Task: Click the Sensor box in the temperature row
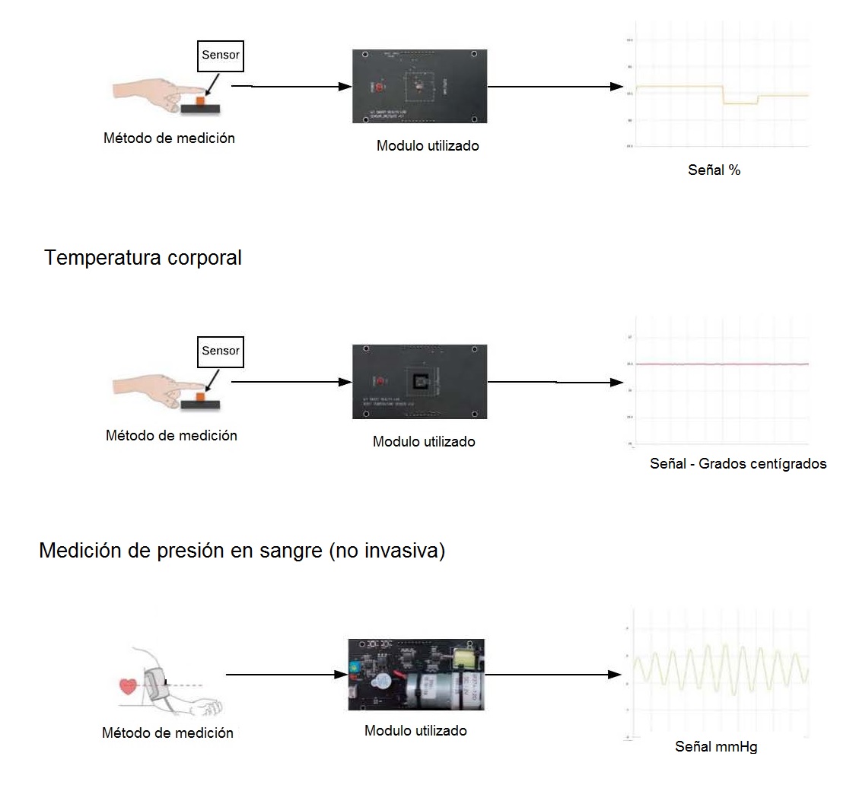click(x=221, y=351)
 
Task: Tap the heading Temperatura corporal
click(x=143, y=258)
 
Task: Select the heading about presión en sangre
click(x=242, y=551)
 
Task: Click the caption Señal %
click(x=714, y=170)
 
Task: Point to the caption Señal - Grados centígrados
click(x=738, y=463)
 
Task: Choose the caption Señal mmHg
click(x=716, y=747)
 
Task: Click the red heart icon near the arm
click(x=128, y=685)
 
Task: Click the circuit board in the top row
click(x=419, y=86)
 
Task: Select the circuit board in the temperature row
click(x=419, y=381)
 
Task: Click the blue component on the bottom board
click(x=355, y=668)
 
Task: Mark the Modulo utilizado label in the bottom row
click(x=415, y=731)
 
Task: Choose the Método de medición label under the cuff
click(x=167, y=733)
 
